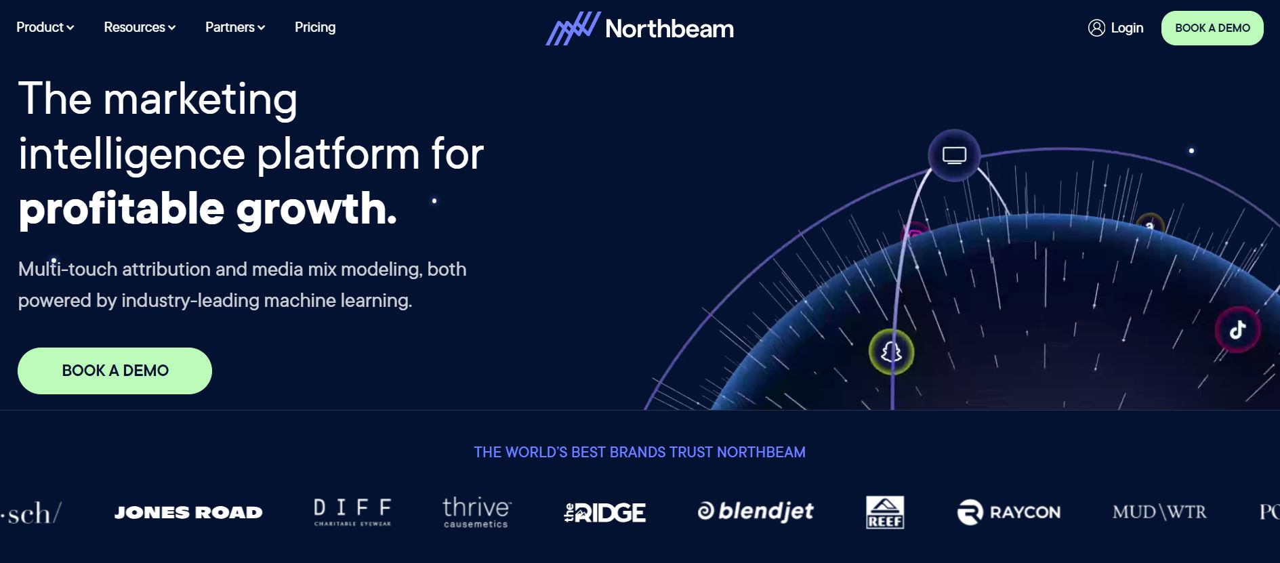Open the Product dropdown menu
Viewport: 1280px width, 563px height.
pos(45,27)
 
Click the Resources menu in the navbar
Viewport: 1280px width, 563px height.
pos(139,27)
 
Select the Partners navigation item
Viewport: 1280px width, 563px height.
pos(234,27)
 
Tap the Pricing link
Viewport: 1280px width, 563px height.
pos(315,27)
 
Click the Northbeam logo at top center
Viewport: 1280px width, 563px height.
pos(640,28)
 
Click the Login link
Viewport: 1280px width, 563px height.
pos(1127,28)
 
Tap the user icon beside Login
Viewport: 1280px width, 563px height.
pos(1096,28)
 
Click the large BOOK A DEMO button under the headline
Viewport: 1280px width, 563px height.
pos(115,371)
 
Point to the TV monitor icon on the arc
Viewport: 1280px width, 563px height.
pos(954,155)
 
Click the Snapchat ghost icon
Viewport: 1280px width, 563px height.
pos(891,352)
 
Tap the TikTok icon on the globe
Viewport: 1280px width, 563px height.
pos(1238,330)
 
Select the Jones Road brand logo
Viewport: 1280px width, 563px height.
pos(188,512)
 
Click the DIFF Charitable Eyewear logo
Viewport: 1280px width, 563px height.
pos(352,512)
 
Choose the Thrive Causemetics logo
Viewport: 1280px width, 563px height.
pos(477,512)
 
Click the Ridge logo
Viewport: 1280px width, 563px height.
pos(605,512)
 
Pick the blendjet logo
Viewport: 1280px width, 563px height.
pos(756,511)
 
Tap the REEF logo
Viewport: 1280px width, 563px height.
pos(885,512)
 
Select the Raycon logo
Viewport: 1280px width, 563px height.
pos(1009,512)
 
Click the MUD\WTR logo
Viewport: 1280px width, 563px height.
pos(1159,512)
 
